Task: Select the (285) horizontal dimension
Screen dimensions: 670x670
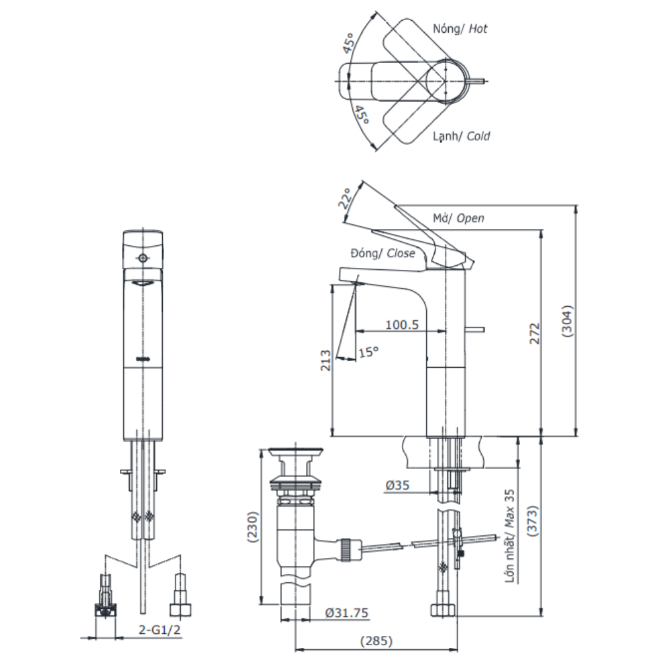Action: coord(377,641)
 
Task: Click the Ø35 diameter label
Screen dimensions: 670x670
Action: coord(399,485)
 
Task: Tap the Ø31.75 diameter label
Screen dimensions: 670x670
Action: coord(345,612)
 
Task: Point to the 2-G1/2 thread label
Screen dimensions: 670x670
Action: coord(159,630)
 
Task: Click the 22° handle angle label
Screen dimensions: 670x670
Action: coord(346,198)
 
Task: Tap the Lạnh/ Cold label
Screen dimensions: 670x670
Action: coord(462,136)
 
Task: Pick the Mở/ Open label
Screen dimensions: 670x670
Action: coord(458,218)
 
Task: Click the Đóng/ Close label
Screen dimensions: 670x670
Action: coord(383,253)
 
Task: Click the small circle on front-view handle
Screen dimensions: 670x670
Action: coord(142,259)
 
